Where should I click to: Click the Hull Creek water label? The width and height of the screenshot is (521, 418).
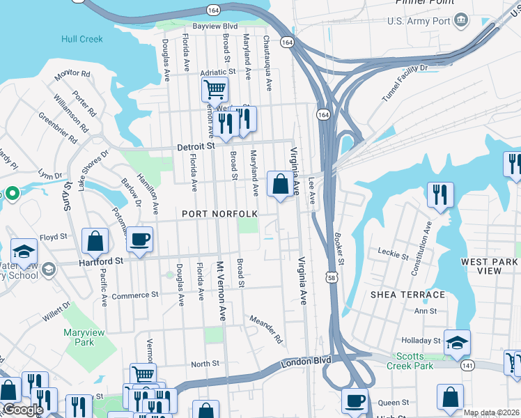(x=81, y=40)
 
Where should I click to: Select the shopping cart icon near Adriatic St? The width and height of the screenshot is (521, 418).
(x=215, y=90)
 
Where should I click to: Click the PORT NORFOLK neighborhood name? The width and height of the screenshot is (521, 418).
(x=220, y=213)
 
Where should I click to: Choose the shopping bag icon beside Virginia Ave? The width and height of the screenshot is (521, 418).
(x=280, y=185)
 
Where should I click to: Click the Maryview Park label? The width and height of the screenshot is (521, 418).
(x=84, y=338)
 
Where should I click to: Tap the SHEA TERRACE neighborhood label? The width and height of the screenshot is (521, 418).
(x=407, y=295)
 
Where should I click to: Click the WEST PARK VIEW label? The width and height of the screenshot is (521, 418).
(x=490, y=268)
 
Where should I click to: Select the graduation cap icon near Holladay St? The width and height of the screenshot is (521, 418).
(x=458, y=342)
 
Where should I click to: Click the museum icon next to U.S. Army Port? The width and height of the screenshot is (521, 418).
(x=461, y=21)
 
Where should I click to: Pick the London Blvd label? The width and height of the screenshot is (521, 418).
(x=306, y=363)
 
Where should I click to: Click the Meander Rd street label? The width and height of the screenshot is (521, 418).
(x=266, y=330)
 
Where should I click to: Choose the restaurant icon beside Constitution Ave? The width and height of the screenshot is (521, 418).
(x=440, y=194)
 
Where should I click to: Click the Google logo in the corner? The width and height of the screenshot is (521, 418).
(x=23, y=410)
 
